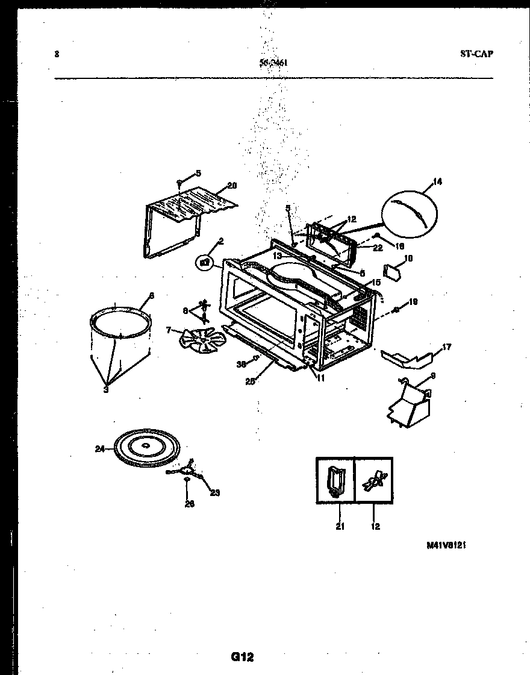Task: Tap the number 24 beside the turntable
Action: point(99,448)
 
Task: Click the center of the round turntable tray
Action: point(146,445)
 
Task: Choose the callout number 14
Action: point(437,181)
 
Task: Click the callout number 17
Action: point(446,347)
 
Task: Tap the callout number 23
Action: point(214,492)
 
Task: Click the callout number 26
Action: point(189,504)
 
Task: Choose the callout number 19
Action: point(413,301)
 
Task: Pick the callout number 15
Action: point(376,282)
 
